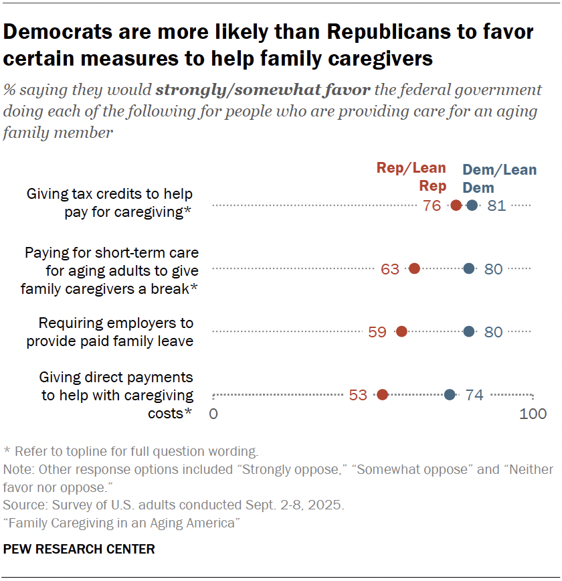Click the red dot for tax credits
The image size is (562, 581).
point(456,205)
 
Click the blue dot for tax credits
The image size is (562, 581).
point(472,205)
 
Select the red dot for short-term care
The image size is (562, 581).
point(414,268)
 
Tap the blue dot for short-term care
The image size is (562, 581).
point(469,268)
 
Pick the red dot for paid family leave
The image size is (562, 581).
point(401,331)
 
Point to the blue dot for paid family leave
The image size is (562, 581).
point(469,331)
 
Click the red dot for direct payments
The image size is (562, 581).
point(382,395)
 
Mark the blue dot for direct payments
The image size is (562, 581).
point(450,395)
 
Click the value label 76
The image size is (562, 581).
point(432,205)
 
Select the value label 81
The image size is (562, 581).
point(496,205)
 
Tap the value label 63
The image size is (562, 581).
point(389,269)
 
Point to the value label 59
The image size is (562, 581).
point(377,332)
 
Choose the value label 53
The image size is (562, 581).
point(358,395)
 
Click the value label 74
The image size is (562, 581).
point(474,395)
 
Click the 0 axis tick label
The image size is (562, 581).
point(213,414)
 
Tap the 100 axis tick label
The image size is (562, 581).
point(533,414)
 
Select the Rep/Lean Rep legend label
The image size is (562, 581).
point(411,177)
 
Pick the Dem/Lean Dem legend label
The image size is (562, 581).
point(499,179)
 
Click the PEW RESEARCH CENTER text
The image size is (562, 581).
point(79,550)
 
